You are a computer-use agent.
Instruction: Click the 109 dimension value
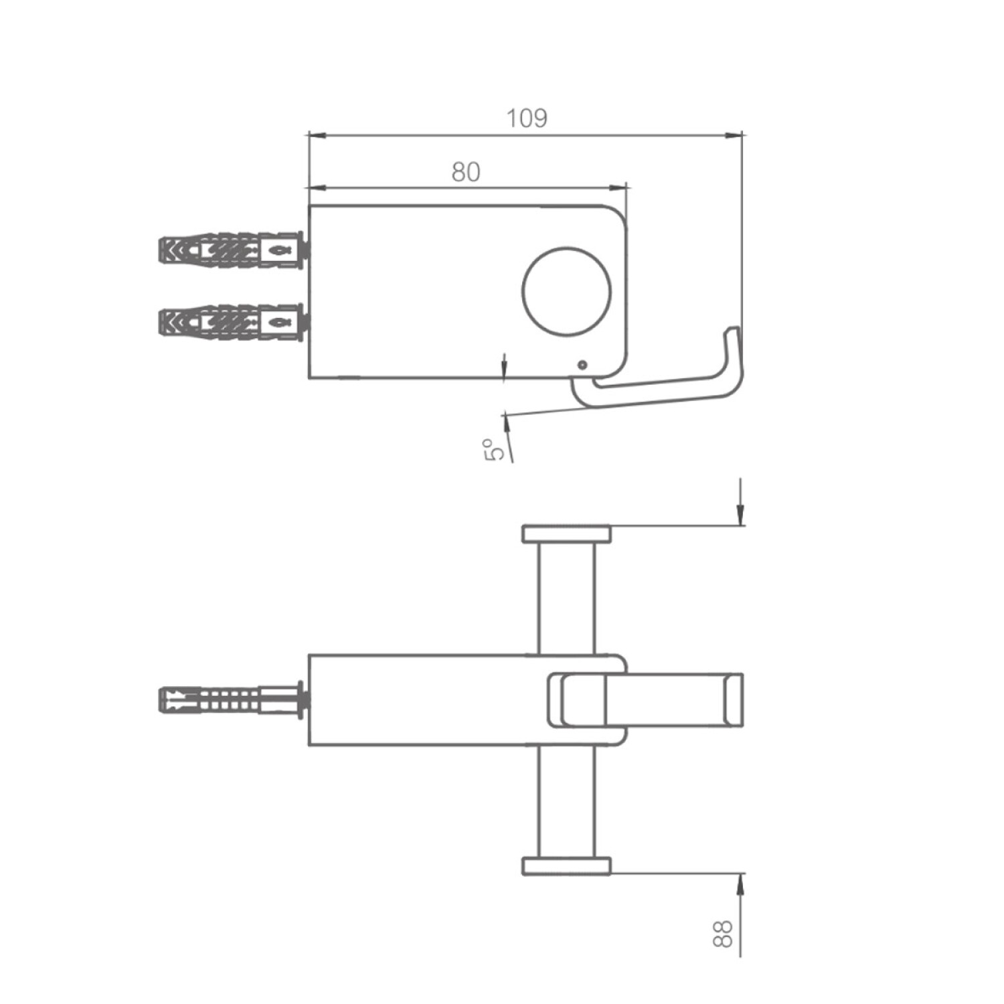click(x=527, y=118)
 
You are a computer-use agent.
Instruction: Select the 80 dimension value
click(x=466, y=172)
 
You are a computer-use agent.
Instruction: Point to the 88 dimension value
click(x=724, y=933)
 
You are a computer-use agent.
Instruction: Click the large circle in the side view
click(x=566, y=291)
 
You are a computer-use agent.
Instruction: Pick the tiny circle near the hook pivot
click(x=582, y=365)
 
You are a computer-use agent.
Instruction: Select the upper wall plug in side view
click(x=234, y=250)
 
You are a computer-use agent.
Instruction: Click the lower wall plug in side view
click(x=234, y=323)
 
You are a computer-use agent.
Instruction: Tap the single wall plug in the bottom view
click(x=234, y=699)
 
